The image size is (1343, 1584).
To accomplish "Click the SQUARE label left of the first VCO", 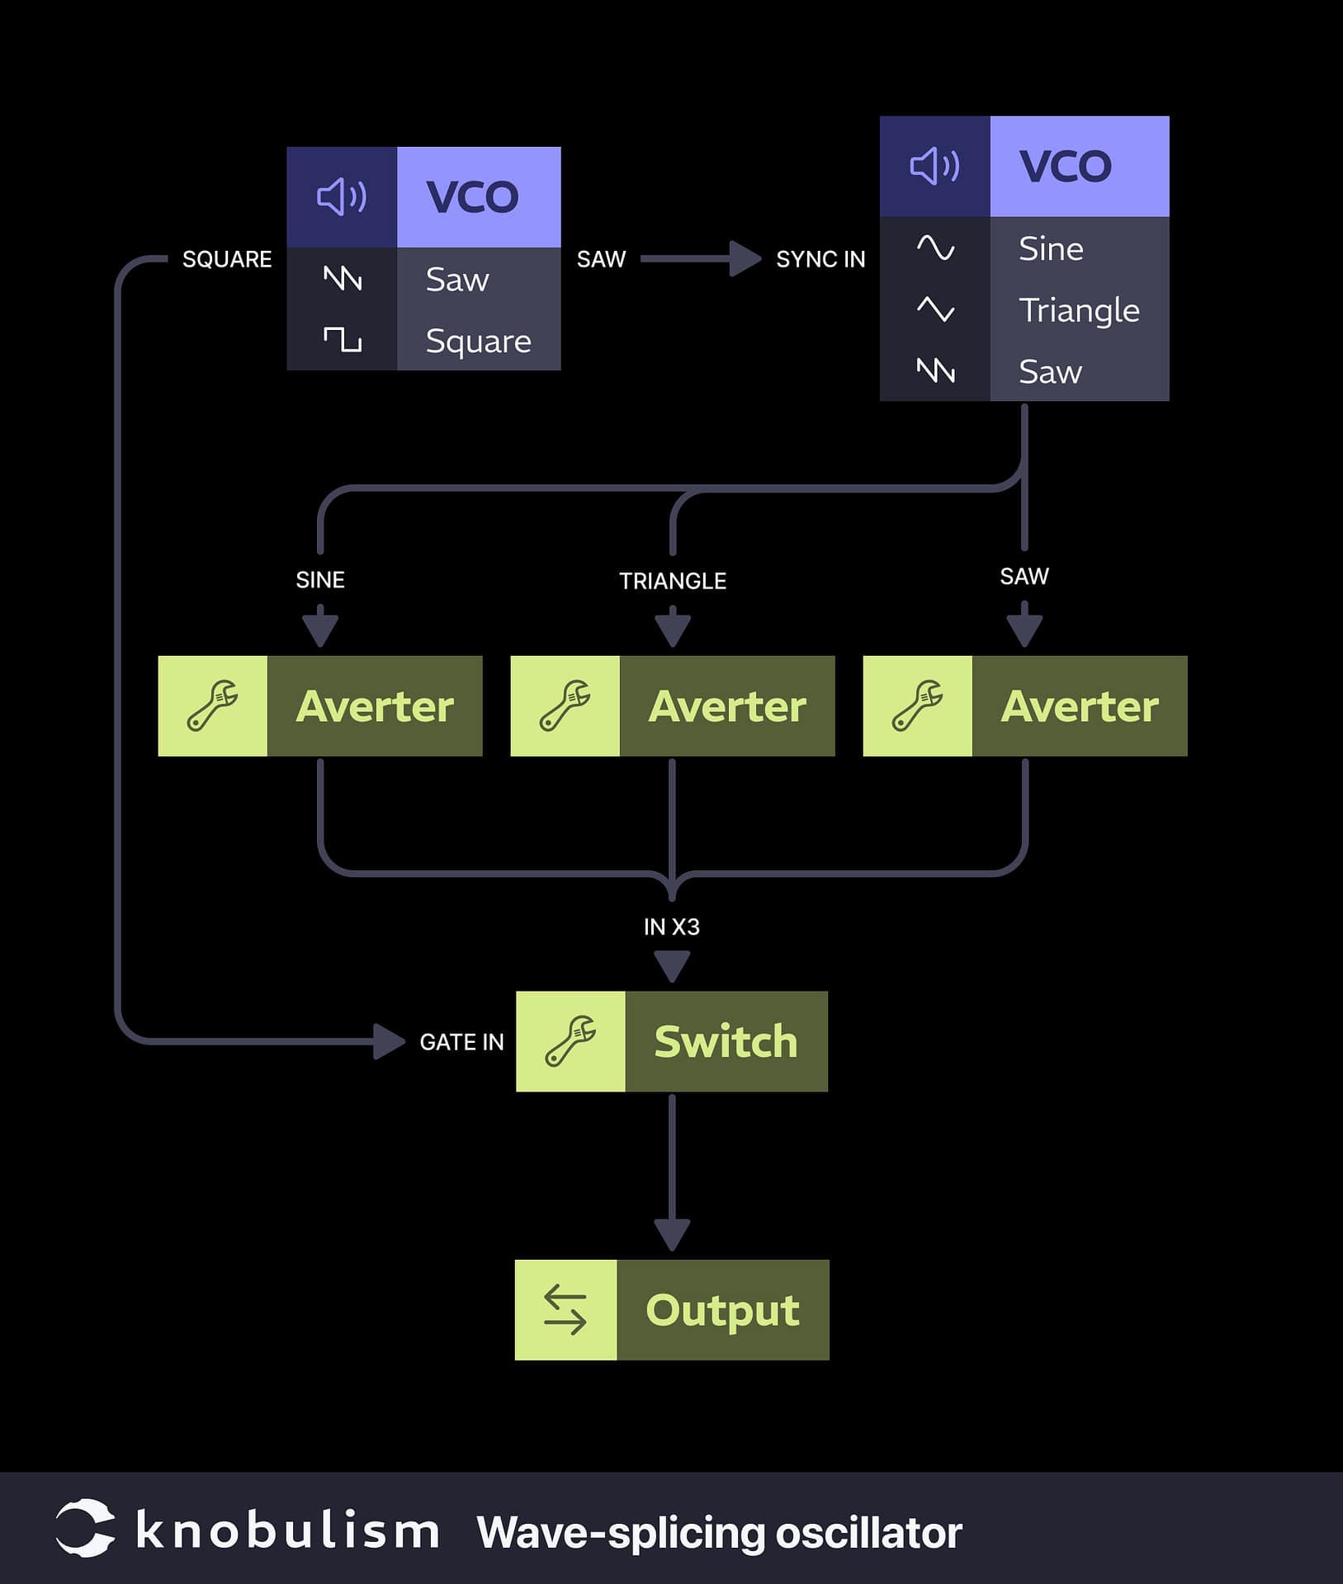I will coord(227,259).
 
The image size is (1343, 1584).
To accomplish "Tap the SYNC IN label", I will coord(820,259).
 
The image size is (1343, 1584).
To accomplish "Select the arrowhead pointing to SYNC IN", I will coord(745,259).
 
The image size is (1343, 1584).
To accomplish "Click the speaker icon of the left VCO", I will coord(342,197).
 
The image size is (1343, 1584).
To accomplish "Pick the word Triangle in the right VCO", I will coord(1079,310).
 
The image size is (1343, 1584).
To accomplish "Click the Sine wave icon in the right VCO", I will coord(935,248).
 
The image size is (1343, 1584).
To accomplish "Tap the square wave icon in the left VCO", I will coord(342,339).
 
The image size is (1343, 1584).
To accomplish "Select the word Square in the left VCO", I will coord(478,341).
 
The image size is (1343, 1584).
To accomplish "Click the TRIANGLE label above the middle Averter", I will coord(673,581).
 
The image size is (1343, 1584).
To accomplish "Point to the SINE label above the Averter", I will coord(320,580).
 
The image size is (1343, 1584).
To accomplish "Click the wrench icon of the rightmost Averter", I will coord(917,705).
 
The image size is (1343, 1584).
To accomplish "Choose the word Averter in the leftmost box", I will coord(375,706).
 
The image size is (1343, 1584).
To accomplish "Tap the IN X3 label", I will coord(672,926).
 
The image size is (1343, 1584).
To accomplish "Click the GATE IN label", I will coord(461,1042).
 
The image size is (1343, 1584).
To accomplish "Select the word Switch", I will coord(726,1041).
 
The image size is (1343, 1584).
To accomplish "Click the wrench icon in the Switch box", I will coord(570,1041).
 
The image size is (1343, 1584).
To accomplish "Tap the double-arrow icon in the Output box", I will coord(565,1309).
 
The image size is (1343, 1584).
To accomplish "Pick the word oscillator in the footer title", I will coord(868,1533).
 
